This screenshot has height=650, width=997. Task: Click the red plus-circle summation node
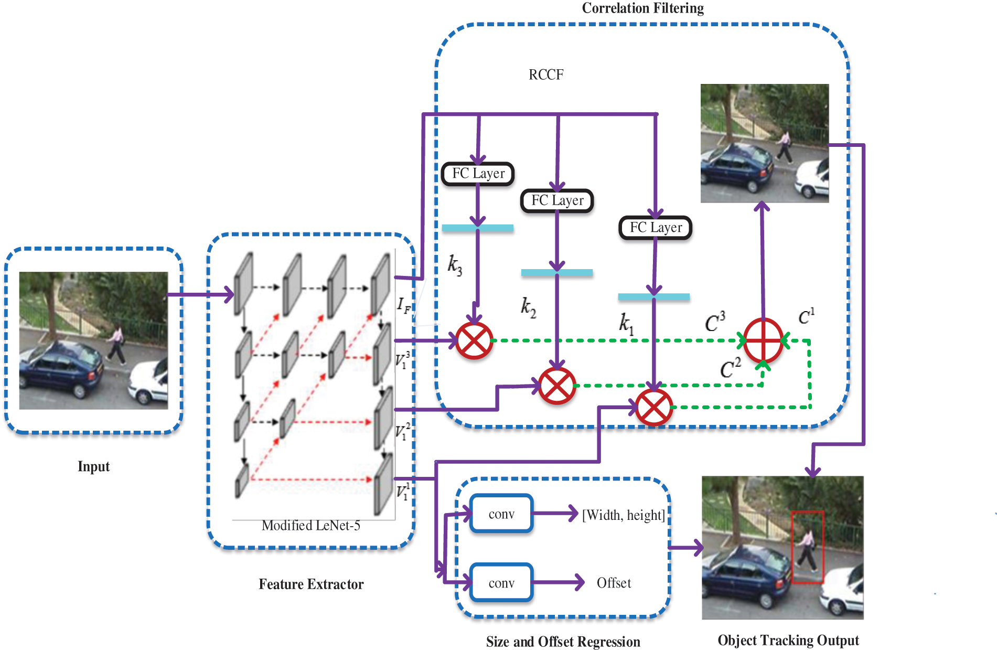pyautogui.click(x=763, y=340)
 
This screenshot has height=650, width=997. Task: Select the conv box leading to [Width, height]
pyautogui.click(x=501, y=514)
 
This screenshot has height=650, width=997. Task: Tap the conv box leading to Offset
pyautogui.click(x=501, y=582)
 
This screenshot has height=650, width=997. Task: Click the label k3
pyautogui.click(x=454, y=265)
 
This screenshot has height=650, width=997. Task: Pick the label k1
pyautogui.click(x=626, y=323)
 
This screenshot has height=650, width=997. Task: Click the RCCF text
pyautogui.click(x=546, y=74)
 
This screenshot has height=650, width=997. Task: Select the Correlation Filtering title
pyautogui.click(x=643, y=8)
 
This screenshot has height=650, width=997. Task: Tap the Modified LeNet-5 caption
pyautogui.click(x=311, y=525)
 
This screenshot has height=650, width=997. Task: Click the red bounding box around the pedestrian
pyautogui.click(x=808, y=547)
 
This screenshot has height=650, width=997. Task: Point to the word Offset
pyautogui.click(x=614, y=583)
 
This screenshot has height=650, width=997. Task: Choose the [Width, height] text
pyautogui.click(x=624, y=515)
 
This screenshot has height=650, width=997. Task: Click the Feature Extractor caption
pyautogui.click(x=311, y=584)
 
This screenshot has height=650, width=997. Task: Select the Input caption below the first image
pyautogui.click(x=93, y=466)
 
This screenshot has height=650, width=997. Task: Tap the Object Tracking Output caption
pyautogui.click(x=788, y=640)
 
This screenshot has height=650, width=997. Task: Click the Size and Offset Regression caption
pyautogui.click(x=563, y=642)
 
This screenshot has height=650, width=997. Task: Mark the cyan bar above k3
pyautogui.click(x=478, y=228)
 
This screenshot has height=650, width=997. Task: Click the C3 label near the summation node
pyautogui.click(x=715, y=322)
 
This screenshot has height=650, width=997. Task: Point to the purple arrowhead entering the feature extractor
pyautogui.click(x=229, y=294)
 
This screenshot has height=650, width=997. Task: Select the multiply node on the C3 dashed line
pyautogui.click(x=474, y=341)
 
